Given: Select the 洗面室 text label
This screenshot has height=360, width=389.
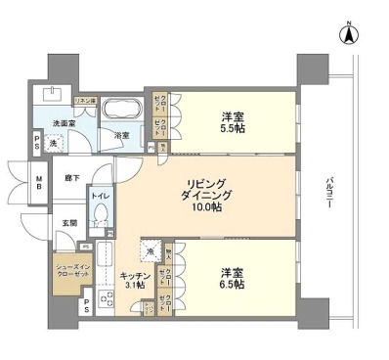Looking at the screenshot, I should [x=65, y=124].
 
